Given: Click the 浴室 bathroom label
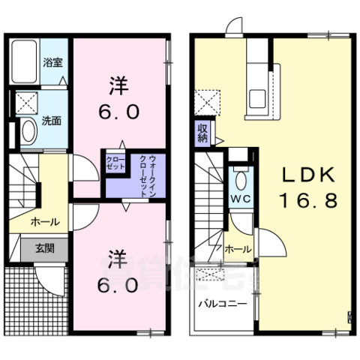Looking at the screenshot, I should (52, 63).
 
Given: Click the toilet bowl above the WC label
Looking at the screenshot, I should (240, 179).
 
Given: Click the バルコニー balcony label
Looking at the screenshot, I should (223, 305).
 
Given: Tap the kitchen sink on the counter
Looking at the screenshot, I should (259, 98).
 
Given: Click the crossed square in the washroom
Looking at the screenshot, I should (27, 103).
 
